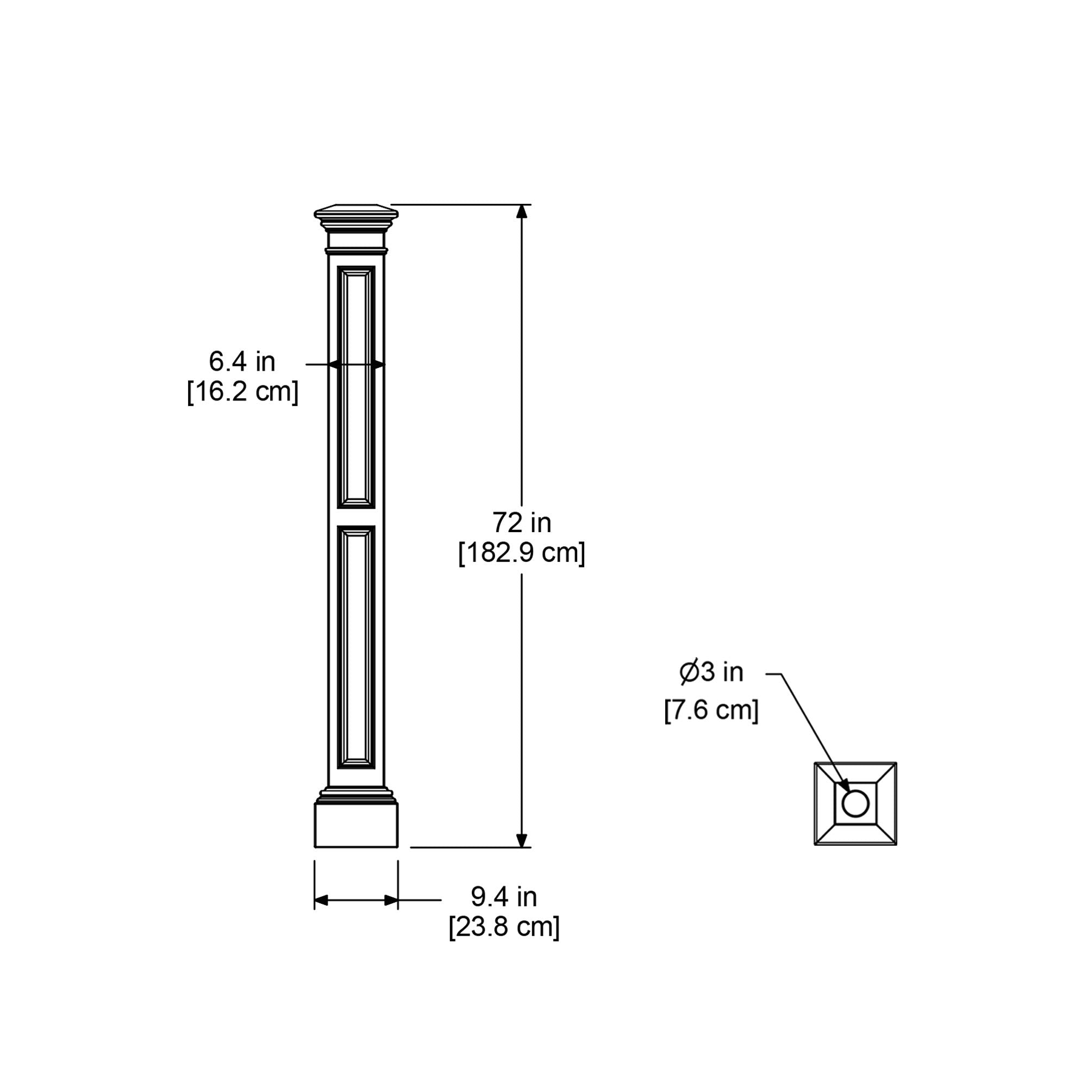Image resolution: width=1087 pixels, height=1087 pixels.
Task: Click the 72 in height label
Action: pyautogui.click(x=522, y=523)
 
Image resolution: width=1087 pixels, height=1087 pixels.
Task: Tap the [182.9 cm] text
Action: pyautogui.click(x=522, y=554)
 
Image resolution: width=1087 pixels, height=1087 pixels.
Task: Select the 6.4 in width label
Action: pyautogui.click(x=242, y=362)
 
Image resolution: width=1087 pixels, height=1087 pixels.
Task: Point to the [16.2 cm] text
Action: pyautogui.click(x=242, y=391)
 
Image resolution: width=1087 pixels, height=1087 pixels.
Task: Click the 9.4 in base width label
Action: pyautogui.click(x=504, y=897)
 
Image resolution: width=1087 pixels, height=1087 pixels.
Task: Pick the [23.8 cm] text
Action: pyautogui.click(x=504, y=927)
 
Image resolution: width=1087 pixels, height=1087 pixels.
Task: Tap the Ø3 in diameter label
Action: pyautogui.click(x=711, y=672)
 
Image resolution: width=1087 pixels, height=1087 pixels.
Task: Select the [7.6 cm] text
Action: pyautogui.click(x=711, y=710)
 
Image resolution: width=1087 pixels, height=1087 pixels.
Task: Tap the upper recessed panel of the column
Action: pyautogui.click(x=356, y=387)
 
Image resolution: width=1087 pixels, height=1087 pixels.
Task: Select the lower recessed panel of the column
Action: pyautogui.click(x=356, y=647)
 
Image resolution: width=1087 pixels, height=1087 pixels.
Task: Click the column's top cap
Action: pyautogui.click(x=356, y=213)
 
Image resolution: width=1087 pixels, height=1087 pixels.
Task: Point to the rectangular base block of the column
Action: pyautogui.click(x=356, y=825)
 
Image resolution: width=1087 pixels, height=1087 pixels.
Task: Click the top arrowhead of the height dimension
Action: pyautogui.click(x=522, y=211)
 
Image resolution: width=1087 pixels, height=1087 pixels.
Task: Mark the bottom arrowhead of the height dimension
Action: pyautogui.click(x=522, y=840)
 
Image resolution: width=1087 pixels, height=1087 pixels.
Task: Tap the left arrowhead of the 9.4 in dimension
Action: pyautogui.click(x=321, y=900)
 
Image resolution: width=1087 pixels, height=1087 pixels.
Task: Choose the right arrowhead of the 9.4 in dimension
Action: pyautogui.click(x=391, y=900)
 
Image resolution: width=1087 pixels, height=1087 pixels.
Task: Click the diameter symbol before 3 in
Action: pyautogui.click(x=689, y=672)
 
